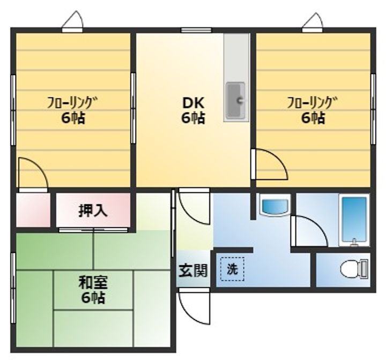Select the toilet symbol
[x=354, y=269]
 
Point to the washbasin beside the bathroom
[x=274, y=205]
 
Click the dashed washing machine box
[x=232, y=270]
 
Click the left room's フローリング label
[x=72, y=101]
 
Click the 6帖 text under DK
[x=193, y=118]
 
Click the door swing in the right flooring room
[x=270, y=164]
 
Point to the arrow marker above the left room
[x=72, y=21]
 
